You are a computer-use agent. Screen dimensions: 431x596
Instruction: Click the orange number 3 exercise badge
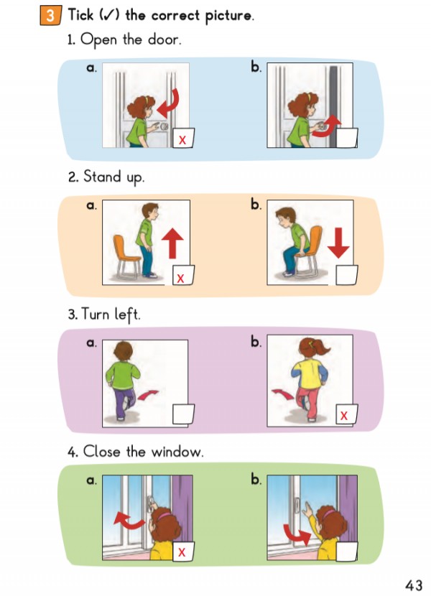click(50, 16)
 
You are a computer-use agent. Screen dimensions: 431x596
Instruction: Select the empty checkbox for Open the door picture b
click(346, 138)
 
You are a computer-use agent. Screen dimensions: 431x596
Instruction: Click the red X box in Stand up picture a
click(183, 275)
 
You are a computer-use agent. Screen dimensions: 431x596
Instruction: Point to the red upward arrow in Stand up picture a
click(172, 243)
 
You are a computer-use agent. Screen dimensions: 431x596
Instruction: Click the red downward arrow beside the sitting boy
click(338, 243)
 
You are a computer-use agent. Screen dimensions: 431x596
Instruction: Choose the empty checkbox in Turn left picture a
click(183, 414)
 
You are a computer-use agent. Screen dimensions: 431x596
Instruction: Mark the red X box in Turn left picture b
click(346, 414)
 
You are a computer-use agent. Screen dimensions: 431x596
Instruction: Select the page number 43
click(414, 585)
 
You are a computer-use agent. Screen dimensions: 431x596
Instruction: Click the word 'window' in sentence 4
click(177, 452)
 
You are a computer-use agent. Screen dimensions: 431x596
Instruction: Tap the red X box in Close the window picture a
click(183, 551)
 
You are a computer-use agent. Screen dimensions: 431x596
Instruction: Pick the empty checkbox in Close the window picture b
click(346, 551)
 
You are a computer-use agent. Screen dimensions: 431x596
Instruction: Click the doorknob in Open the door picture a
click(164, 126)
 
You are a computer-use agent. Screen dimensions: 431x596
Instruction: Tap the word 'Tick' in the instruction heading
click(80, 15)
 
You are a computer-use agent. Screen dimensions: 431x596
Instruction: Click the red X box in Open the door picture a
click(183, 138)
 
